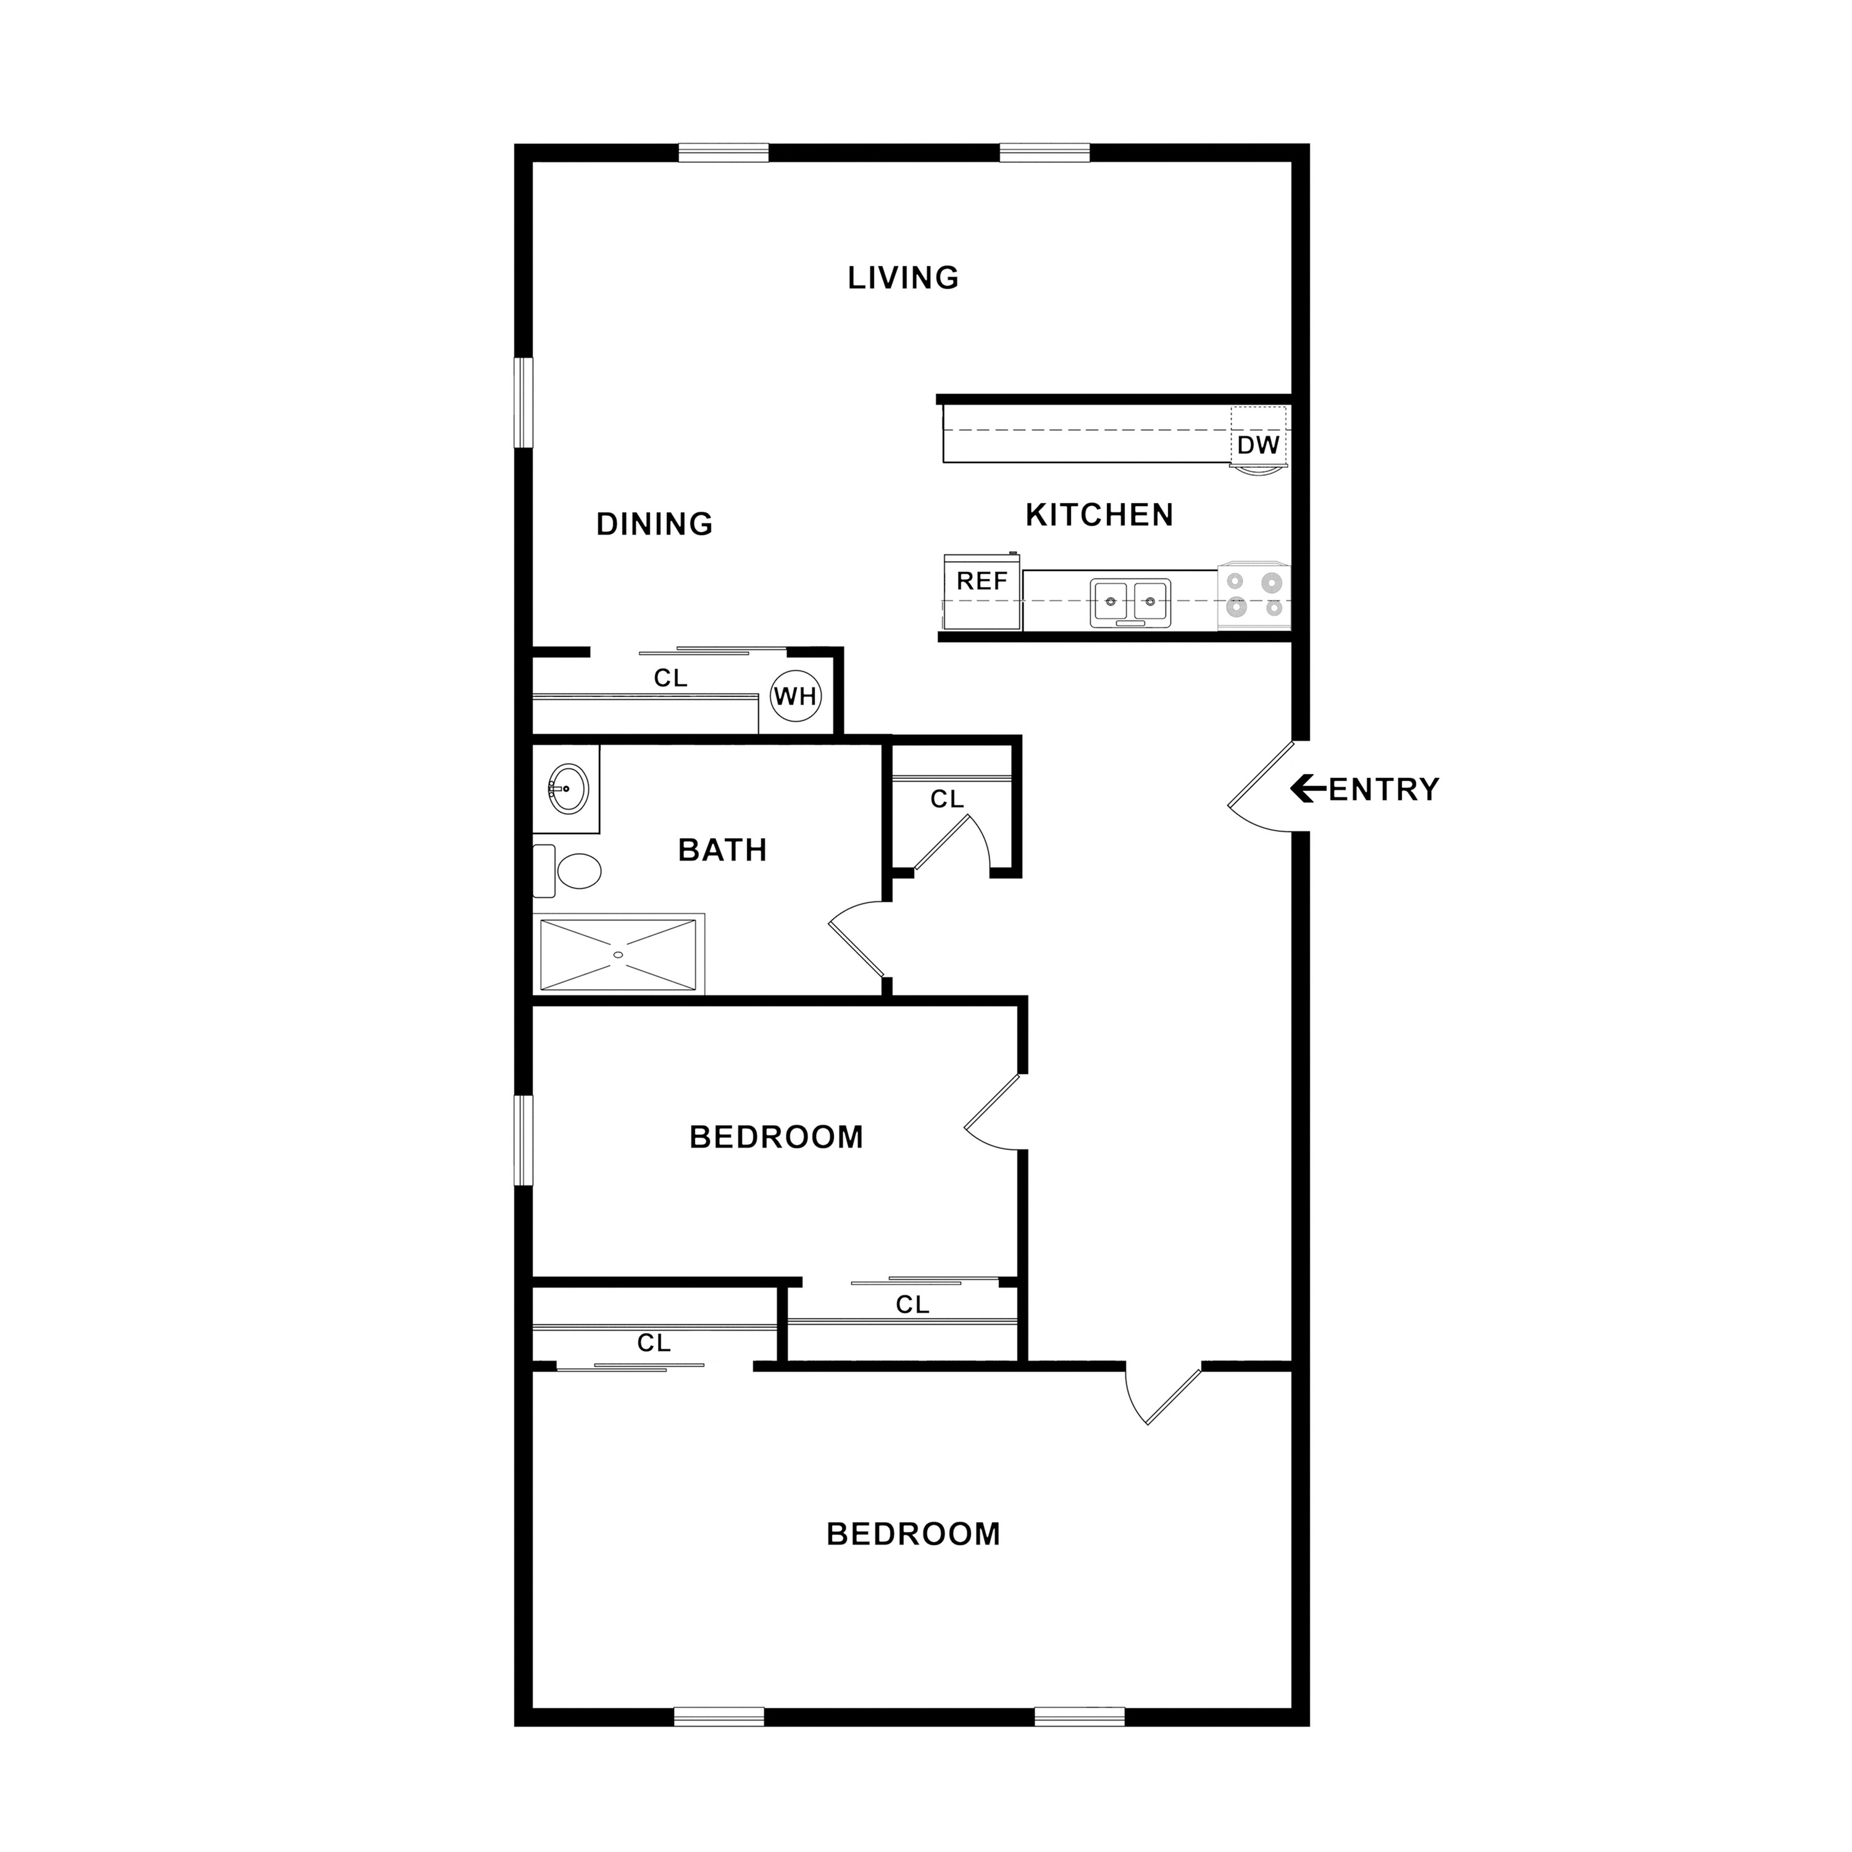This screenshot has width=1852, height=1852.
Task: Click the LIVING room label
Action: point(903,278)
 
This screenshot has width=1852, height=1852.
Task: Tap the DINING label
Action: point(655,524)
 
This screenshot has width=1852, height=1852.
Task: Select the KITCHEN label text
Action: point(1099,515)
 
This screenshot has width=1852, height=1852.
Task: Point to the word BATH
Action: point(723,850)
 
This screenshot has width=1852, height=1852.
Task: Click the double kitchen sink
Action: point(1130,603)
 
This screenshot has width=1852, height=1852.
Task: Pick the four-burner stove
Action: point(1254,595)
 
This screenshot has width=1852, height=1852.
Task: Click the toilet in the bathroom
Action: point(567,871)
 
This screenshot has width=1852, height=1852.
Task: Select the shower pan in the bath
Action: point(619,955)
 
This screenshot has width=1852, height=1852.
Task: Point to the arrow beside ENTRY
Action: point(1309,789)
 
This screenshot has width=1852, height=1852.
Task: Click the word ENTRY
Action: point(1384,790)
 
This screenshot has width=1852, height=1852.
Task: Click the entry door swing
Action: point(1261,787)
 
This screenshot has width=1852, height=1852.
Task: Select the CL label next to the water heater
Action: point(671,678)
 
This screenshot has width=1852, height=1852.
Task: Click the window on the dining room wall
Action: point(523,403)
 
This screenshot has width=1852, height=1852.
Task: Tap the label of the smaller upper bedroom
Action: point(777,1137)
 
